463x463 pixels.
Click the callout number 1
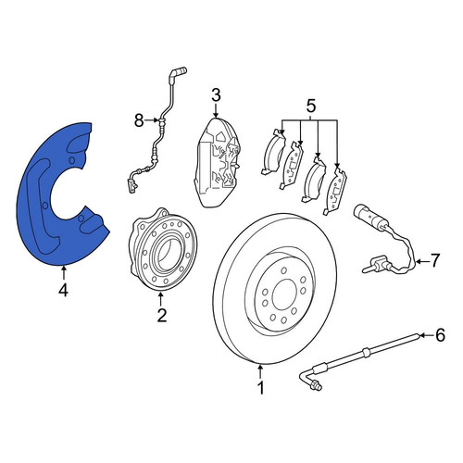(x=261, y=388)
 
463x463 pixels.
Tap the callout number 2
(x=162, y=315)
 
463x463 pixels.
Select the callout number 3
(x=216, y=95)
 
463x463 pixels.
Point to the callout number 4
(x=63, y=291)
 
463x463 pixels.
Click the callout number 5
(x=310, y=106)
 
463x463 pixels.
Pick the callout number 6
(x=440, y=335)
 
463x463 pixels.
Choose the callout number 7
(x=434, y=261)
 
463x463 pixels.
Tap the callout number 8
(x=139, y=120)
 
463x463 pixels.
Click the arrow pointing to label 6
(x=426, y=335)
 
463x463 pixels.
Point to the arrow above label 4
(x=64, y=272)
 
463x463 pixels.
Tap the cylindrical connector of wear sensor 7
(x=369, y=216)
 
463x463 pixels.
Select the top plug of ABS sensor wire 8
(x=178, y=72)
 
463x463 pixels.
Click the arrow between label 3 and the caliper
(x=216, y=111)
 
